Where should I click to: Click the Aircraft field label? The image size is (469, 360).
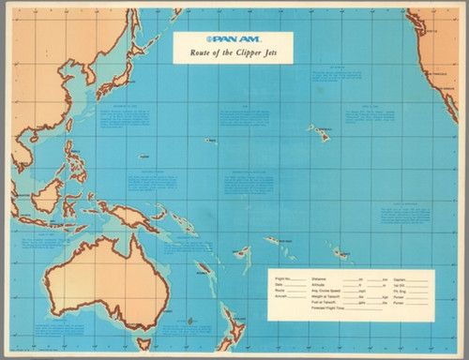(281, 296)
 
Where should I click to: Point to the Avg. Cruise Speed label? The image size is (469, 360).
(328, 291)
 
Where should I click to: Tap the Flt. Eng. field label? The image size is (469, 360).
(399, 291)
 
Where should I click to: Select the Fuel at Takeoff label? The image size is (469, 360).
(325, 302)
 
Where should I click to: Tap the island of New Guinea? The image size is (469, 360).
(131, 217)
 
